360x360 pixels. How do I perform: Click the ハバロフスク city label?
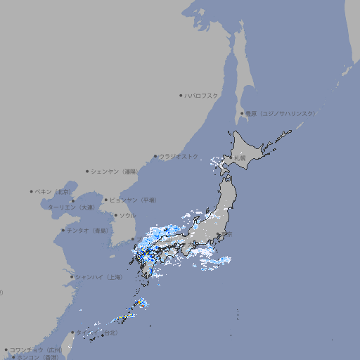tap(202, 95)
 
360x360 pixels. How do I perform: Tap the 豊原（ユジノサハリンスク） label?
tap(280, 113)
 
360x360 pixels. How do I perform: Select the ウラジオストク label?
tap(179, 156)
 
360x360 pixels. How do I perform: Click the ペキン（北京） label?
tap(54, 191)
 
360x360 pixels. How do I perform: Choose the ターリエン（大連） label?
tap(71, 207)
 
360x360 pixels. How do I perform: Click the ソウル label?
tap(127, 215)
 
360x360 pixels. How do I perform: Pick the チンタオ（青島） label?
tap(87, 230)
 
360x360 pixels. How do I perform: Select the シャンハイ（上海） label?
tap(99, 277)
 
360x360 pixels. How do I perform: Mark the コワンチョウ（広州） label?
tap(36, 349)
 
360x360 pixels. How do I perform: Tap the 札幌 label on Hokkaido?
tap(240, 158)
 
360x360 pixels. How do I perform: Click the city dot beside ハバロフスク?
tap(180, 95)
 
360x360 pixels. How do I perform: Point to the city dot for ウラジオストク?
tap(155, 156)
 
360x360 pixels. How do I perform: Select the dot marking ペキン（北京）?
tap(31, 191)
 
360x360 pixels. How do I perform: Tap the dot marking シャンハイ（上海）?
tap(72, 277)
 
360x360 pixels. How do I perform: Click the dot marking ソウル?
tap(115, 215)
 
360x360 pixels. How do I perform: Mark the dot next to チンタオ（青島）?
tap(63, 230)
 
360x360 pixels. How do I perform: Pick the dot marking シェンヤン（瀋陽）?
tap(87, 171)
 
